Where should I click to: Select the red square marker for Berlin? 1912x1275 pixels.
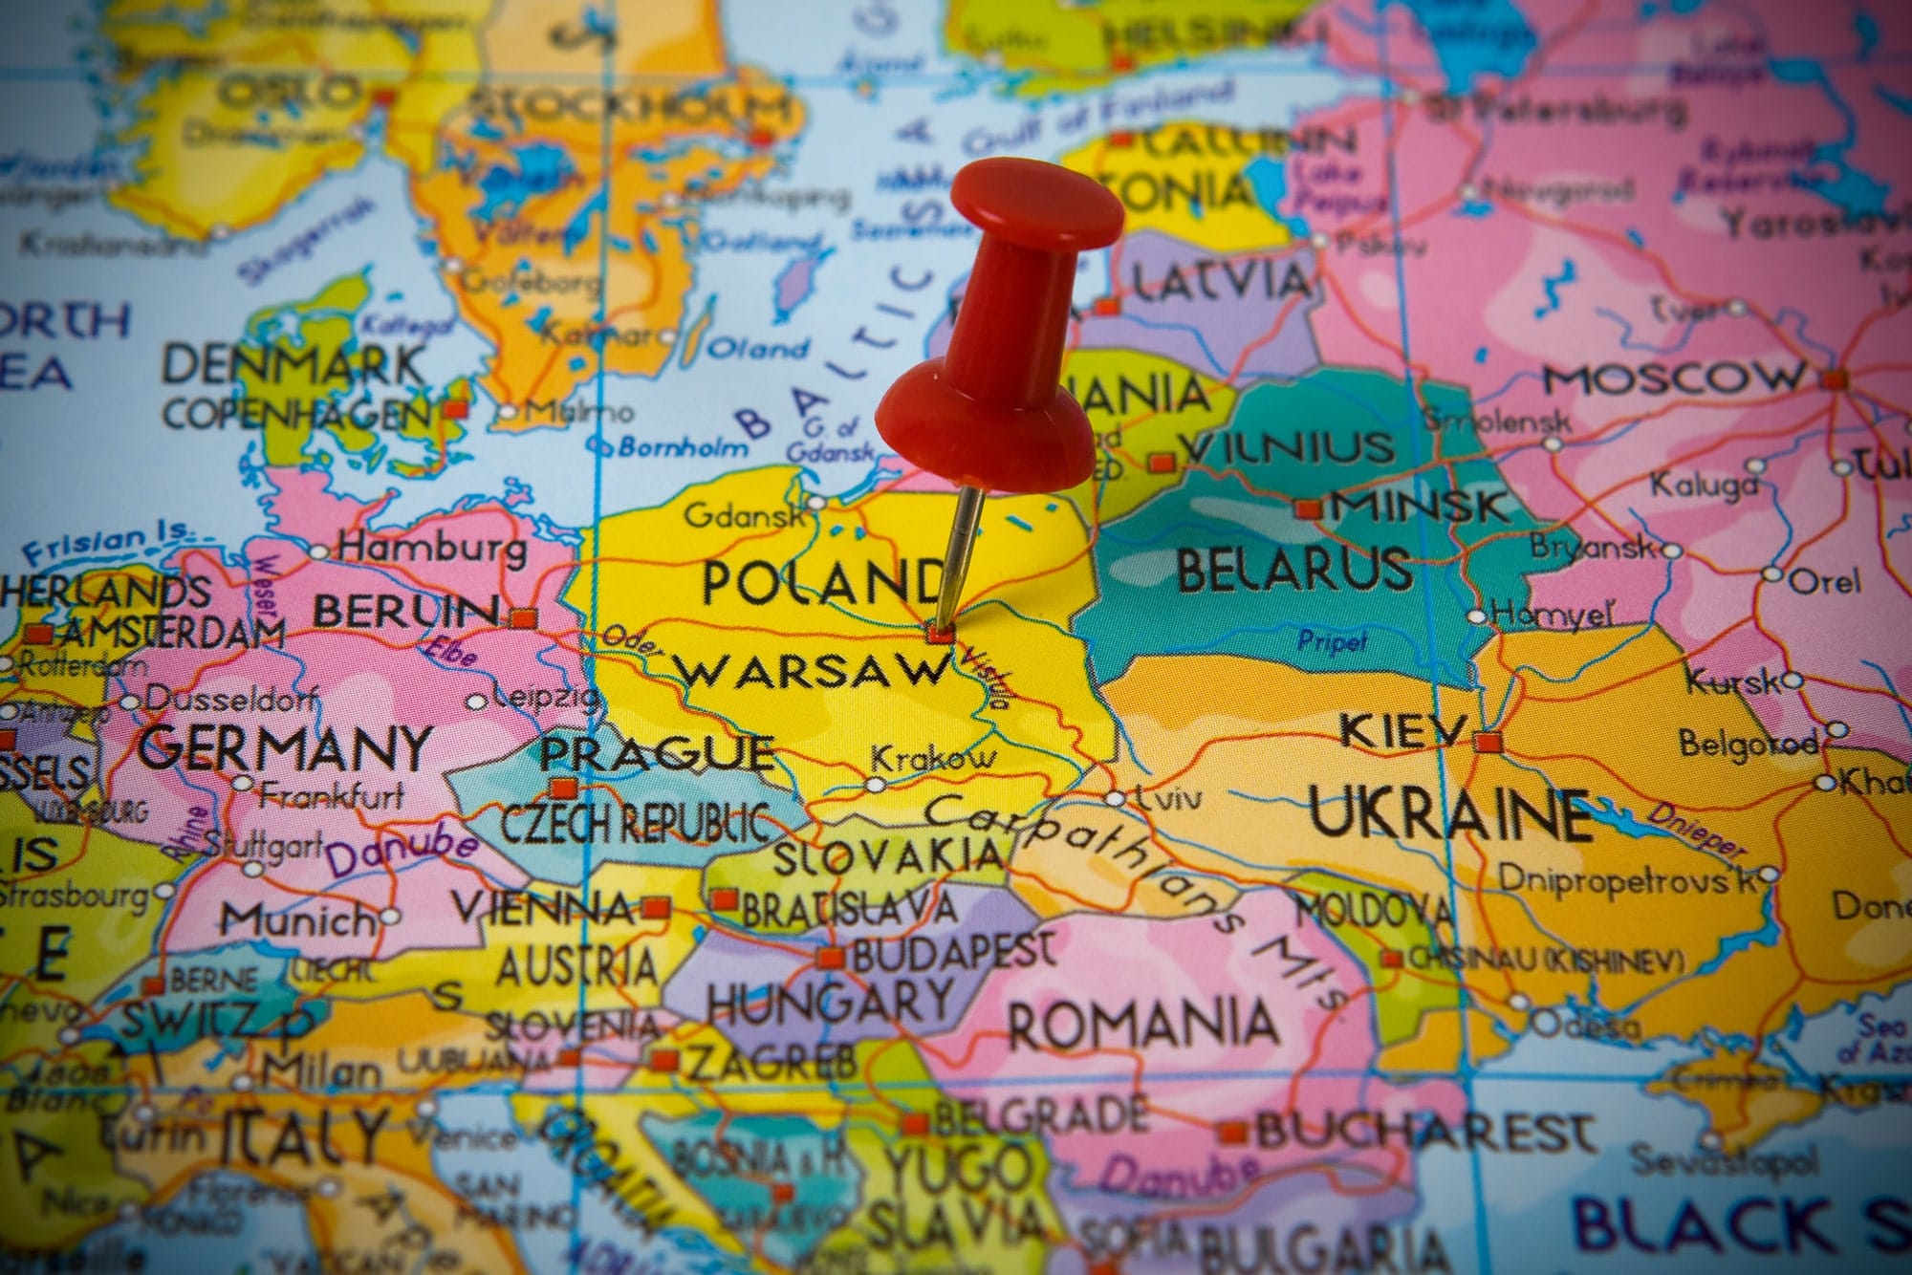click(522, 618)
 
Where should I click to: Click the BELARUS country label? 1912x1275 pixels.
click(1293, 569)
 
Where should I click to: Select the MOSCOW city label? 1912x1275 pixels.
click(1673, 378)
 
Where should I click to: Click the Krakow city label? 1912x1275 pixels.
click(932, 760)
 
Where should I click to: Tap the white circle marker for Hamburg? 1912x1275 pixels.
click(319, 551)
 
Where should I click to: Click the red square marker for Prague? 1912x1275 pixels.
click(563, 789)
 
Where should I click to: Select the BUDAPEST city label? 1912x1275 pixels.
click(953, 952)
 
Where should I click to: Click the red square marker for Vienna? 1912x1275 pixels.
click(655, 908)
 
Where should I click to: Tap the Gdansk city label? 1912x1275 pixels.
click(745, 516)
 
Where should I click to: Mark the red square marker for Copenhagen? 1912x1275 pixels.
click(456, 409)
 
